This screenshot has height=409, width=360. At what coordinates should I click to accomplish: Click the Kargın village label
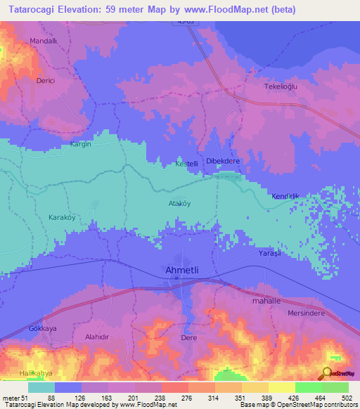point(81,144)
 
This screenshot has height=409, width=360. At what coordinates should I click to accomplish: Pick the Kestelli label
point(187,164)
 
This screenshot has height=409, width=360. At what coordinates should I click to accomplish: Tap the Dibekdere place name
point(223,160)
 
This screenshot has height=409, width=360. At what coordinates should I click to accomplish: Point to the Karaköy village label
point(61,217)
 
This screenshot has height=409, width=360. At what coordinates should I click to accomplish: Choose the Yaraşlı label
point(269,252)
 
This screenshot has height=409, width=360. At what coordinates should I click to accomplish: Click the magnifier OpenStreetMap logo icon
point(328,374)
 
